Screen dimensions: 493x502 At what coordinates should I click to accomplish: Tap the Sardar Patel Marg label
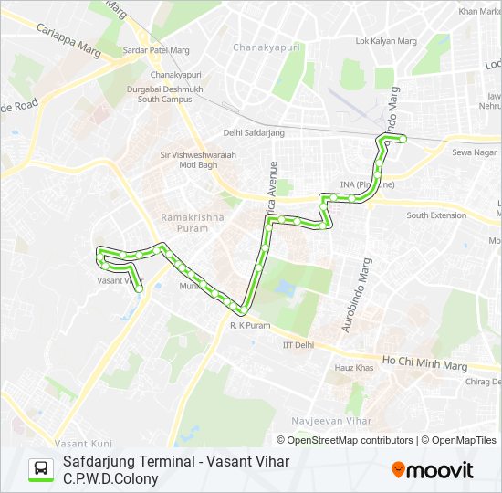pos(155,51)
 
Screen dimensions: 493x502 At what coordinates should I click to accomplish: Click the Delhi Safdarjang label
pos(254,133)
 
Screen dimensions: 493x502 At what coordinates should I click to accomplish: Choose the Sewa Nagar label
pos(474,152)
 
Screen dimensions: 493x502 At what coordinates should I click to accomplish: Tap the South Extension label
pos(436,215)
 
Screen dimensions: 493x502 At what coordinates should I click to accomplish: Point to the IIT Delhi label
pos(298,344)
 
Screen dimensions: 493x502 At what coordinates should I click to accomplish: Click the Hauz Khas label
pos(354,367)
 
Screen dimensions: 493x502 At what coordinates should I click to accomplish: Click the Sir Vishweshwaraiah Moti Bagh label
pos(197,161)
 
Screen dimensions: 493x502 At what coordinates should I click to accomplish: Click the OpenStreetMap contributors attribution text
pos(350,440)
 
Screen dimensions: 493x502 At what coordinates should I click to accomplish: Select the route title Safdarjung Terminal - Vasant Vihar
pos(176,461)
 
